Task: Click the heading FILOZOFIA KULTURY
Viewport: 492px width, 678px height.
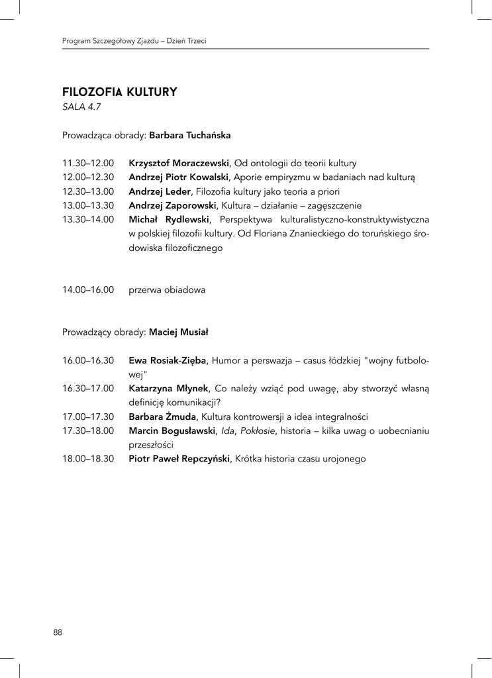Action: pos(119,92)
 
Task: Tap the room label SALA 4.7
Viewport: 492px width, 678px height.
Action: pos(81,106)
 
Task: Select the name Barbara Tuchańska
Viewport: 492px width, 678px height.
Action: pos(190,135)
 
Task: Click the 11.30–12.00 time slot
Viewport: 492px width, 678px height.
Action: pos(88,163)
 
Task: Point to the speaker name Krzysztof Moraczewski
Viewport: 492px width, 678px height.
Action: pos(179,163)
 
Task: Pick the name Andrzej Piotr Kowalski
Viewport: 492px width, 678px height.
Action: pos(179,177)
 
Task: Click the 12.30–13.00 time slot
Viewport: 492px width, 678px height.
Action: pos(88,191)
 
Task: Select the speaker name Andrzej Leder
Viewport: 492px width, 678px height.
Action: pos(160,191)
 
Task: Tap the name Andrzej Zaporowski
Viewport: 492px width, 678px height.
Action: pos(173,205)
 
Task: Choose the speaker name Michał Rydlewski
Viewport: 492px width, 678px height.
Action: pos(170,219)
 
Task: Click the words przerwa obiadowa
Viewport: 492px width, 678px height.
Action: pos(167,290)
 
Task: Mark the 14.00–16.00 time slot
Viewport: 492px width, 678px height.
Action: pos(88,290)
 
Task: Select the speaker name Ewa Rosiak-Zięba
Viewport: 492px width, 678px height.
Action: pos(168,360)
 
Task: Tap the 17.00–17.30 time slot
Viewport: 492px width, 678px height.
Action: pos(88,417)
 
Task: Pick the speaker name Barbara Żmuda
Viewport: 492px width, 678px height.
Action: pos(162,417)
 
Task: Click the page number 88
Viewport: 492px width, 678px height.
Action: pos(58,632)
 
